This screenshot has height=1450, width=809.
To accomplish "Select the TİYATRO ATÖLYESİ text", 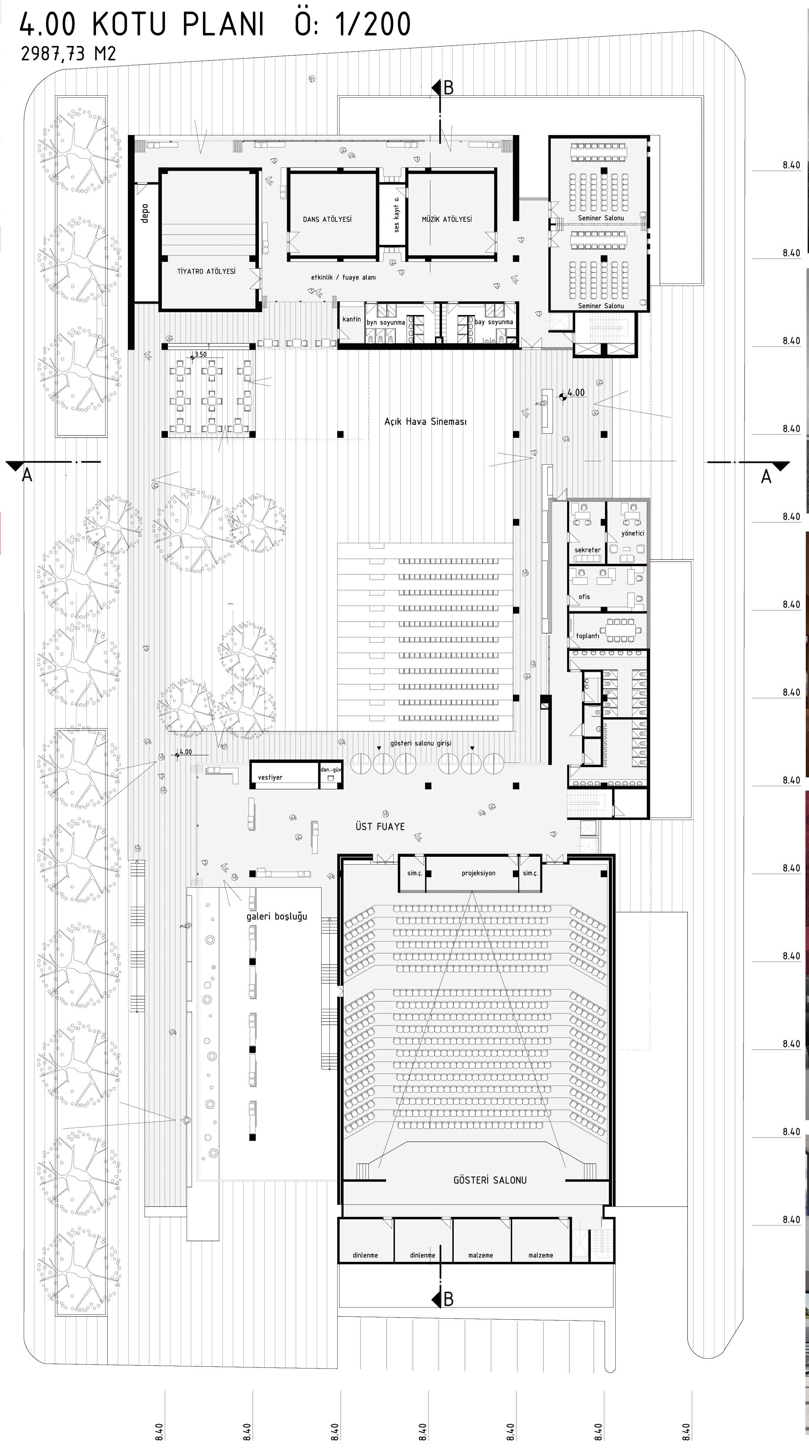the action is pyautogui.click(x=207, y=271).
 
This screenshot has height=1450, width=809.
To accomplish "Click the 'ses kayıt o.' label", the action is pyautogui.click(x=397, y=214).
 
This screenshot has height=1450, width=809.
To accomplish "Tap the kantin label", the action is pyautogui.click(x=352, y=319).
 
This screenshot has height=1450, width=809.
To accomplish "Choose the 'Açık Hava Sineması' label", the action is pyautogui.click(x=425, y=422).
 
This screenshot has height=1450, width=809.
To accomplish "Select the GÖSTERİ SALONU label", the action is pyautogui.click(x=490, y=1180).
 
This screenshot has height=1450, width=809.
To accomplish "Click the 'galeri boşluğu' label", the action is pyautogui.click(x=277, y=916).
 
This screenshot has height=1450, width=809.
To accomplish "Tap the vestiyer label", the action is pyautogui.click(x=270, y=777).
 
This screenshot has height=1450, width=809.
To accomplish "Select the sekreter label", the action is pyautogui.click(x=587, y=550).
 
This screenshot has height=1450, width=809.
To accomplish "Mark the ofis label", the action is pyautogui.click(x=584, y=597).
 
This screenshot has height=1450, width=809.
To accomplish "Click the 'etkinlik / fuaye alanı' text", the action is pyautogui.click(x=343, y=277).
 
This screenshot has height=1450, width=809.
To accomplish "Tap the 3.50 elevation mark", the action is pyautogui.click(x=200, y=355).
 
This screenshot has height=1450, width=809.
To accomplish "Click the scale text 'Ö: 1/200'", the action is pyautogui.click(x=353, y=25).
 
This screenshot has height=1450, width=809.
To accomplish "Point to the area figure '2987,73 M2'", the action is pyautogui.click(x=68, y=54).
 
